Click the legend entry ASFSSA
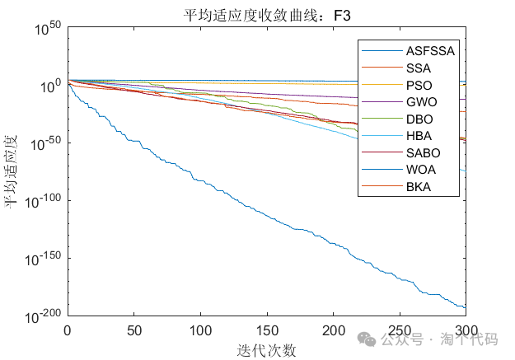coord(430,50)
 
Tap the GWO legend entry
coord(421,102)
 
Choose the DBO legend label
coord(419,119)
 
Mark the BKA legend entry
coord(419,188)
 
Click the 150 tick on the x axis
coord(266,330)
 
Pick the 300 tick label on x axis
coord(466,330)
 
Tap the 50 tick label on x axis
coord(133,330)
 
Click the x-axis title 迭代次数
coord(266,349)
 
